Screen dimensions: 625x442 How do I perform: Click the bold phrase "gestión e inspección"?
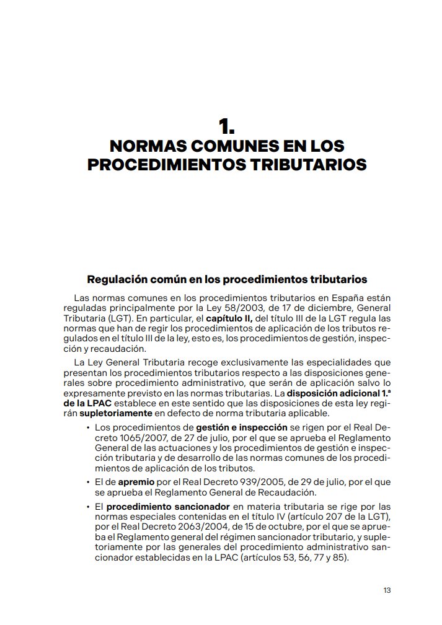click(x=242, y=427)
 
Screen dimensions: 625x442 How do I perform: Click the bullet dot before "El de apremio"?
click(x=89, y=482)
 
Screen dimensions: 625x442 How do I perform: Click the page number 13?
click(x=387, y=590)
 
